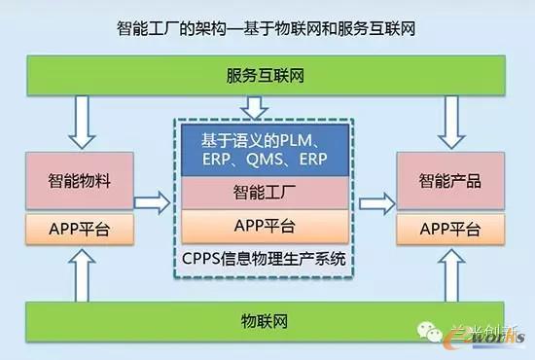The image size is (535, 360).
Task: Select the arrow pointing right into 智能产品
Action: (375, 203)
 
